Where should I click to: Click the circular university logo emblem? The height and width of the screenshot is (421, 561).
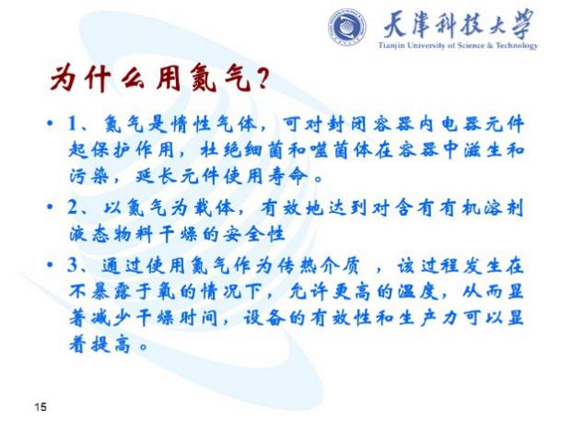click(x=346, y=28)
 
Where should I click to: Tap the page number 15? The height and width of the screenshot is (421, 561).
click(x=41, y=406)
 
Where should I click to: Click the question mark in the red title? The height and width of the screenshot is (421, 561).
click(x=263, y=77)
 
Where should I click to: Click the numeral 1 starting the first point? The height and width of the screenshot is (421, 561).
click(x=74, y=124)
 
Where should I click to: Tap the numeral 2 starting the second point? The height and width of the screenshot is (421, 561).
click(x=73, y=207)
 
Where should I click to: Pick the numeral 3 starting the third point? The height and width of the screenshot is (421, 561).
click(x=73, y=265)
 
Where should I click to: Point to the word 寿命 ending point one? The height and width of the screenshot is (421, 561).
click(x=287, y=176)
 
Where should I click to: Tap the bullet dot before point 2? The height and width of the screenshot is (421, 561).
click(x=50, y=207)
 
